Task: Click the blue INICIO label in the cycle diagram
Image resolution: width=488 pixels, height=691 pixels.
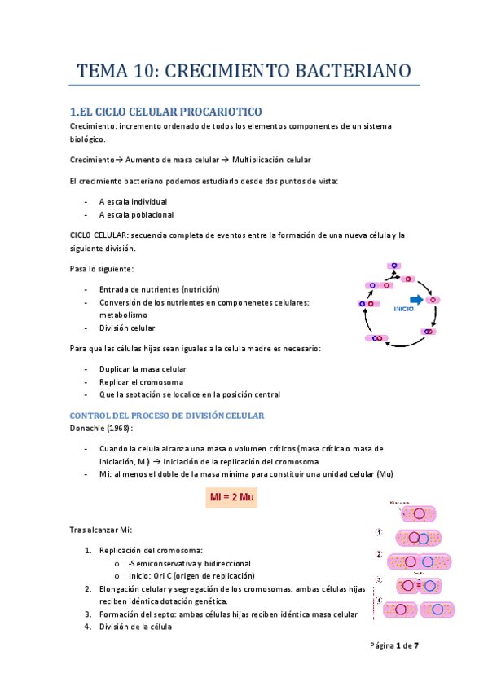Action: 404,310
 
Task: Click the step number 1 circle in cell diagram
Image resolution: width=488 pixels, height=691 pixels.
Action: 380,533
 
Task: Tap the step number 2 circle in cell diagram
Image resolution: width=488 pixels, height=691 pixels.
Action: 380,556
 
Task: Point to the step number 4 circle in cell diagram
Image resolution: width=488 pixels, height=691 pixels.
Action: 380,603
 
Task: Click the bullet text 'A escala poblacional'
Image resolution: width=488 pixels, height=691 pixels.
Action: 136,215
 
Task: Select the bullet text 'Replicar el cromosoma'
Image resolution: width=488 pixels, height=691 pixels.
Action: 141,381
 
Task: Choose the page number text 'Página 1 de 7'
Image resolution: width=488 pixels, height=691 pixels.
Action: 394,646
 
